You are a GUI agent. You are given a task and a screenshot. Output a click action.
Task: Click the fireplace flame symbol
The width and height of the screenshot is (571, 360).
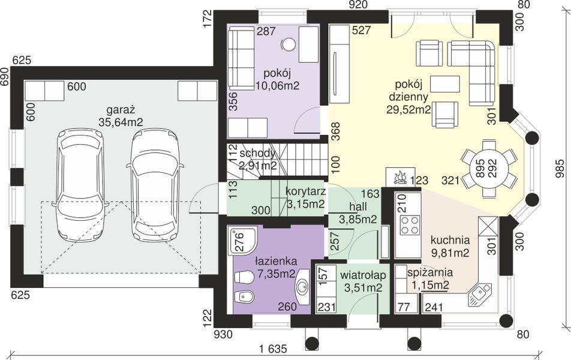400,177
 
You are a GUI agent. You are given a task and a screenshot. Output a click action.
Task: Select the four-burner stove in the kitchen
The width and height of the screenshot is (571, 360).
410,225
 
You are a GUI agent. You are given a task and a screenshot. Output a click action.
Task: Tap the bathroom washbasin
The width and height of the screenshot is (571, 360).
302,287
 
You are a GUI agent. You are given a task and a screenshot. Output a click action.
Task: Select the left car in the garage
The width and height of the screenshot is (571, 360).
80,184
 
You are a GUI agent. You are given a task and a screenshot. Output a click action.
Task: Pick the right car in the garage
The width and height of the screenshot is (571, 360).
155,184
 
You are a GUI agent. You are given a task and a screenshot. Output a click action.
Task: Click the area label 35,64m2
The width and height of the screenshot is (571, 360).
121,122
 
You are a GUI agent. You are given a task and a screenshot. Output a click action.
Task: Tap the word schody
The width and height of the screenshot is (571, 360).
257,154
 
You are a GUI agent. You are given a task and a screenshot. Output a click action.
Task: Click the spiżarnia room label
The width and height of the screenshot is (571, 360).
430,272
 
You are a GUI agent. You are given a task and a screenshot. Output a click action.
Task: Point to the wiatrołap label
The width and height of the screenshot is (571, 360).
363,275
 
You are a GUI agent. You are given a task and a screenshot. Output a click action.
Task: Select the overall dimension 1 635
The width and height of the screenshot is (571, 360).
273,349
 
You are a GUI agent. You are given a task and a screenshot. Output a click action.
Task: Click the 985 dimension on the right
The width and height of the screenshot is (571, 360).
560,169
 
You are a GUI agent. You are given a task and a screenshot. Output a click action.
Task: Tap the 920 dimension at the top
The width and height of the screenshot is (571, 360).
357,4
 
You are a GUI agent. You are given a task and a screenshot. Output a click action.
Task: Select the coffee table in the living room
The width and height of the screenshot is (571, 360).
444,84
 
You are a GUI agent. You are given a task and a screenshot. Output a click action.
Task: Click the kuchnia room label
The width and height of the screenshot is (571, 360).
450,241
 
